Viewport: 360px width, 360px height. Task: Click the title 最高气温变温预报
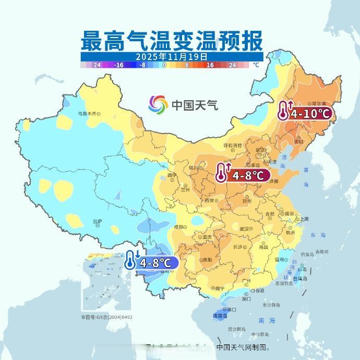172,40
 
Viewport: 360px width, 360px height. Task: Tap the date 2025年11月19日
172,56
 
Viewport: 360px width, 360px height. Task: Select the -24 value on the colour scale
95,65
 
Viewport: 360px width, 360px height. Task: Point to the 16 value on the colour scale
210,65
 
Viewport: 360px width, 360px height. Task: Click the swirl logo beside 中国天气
158,104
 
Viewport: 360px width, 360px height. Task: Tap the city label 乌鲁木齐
88,113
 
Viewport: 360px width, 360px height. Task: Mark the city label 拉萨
98,221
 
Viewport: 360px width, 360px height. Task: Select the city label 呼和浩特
233,145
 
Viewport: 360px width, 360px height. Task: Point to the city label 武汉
244,229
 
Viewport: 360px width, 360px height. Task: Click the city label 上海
304,219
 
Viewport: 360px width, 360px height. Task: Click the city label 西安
210,200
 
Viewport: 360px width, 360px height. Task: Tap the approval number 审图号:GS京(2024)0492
106,317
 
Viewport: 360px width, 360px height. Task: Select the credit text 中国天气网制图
242,347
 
